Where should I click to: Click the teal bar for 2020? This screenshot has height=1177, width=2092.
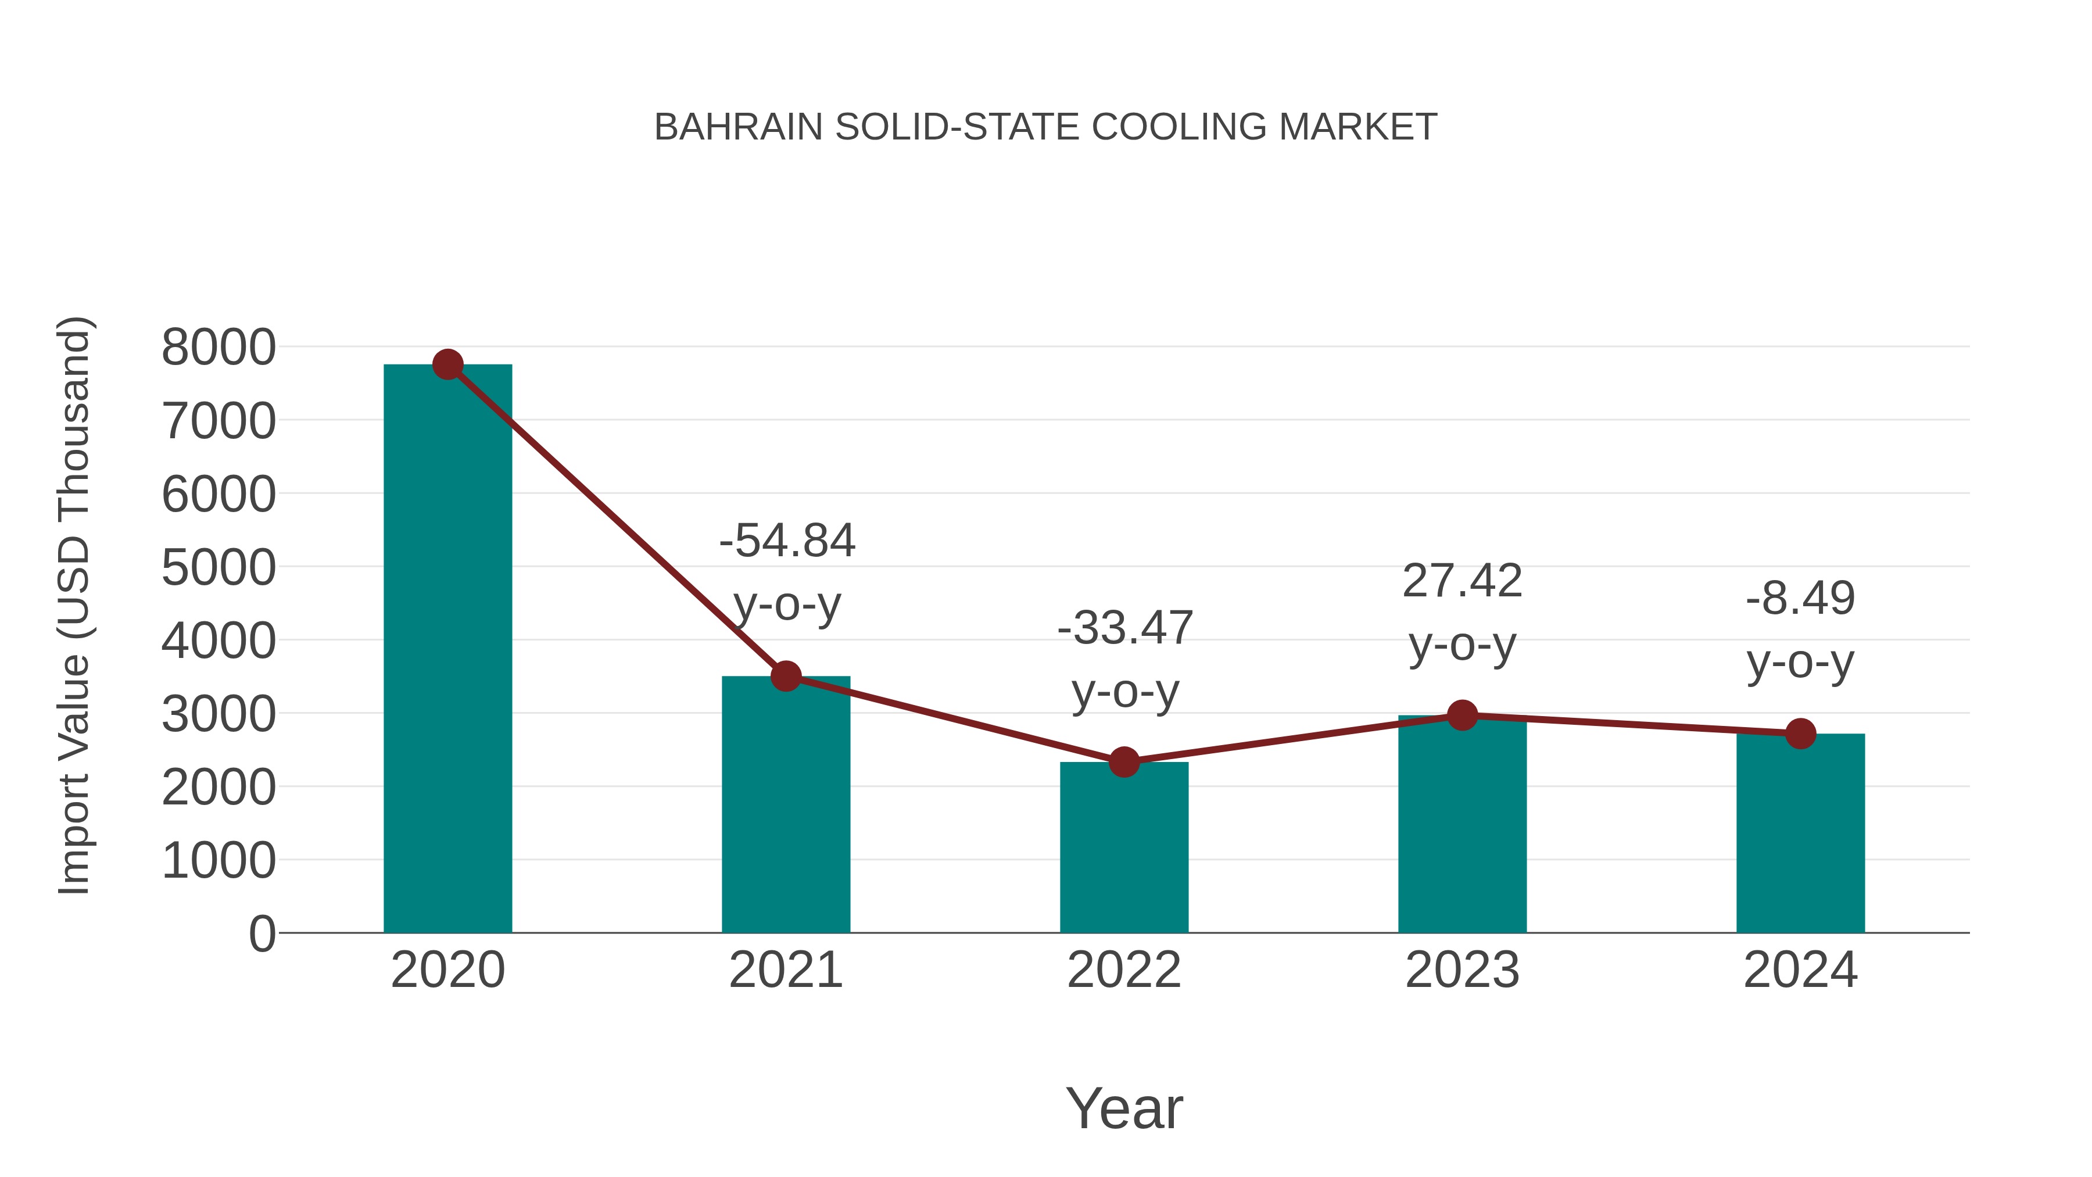click(447, 650)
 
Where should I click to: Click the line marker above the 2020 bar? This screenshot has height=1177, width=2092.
click(447, 364)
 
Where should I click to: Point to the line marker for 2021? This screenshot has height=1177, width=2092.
click(785, 676)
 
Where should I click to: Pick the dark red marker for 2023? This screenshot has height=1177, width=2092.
click(1462, 715)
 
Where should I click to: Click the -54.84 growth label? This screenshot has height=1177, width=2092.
click(787, 541)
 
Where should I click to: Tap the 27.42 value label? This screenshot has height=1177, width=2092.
click(1462, 582)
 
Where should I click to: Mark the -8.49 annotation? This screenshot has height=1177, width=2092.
click(1800, 599)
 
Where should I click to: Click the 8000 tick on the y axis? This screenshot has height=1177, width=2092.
click(218, 348)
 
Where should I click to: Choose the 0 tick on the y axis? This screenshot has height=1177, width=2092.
click(261, 934)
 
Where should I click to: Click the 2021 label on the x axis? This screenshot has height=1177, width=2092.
click(785, 970)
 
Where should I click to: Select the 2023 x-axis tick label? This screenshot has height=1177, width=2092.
click(1462, 970)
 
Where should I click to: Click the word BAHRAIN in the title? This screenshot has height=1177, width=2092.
click(738, 127)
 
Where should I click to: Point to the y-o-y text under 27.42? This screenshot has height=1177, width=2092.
click(1462, 646)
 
